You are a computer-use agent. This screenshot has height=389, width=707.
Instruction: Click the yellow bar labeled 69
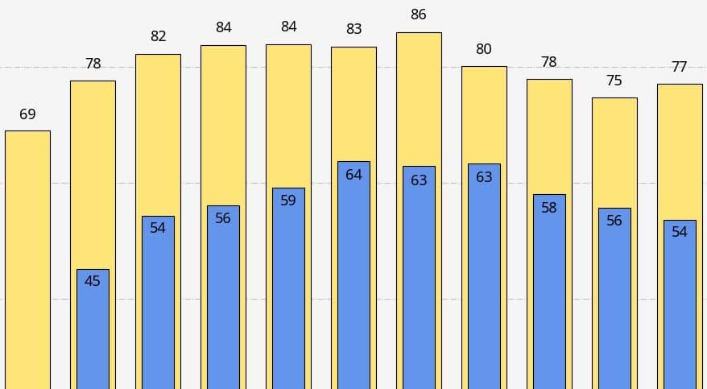point(27,258)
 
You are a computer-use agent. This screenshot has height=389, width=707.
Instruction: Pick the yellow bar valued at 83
point(353,105)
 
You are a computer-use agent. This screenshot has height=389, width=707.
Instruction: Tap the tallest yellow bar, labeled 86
point(419,97)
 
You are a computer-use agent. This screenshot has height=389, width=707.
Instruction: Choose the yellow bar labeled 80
point(484,113)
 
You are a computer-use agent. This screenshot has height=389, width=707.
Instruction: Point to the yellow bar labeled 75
point(614,153)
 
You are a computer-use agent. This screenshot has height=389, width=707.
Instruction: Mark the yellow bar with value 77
point(680,153)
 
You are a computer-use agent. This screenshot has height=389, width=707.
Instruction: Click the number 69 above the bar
point(27,114)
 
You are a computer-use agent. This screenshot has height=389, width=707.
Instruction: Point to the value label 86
point(419,14)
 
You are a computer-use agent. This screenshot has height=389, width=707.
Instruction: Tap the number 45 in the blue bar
point(93,281)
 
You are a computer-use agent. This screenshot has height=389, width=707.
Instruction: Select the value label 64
point(353,175)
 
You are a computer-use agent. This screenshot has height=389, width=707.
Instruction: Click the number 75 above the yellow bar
point(614,81)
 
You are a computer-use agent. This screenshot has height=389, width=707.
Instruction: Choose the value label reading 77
point(680,67)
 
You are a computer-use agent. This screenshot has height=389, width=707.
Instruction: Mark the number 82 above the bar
point(158,36)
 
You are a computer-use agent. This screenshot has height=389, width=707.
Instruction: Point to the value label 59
point(288,201)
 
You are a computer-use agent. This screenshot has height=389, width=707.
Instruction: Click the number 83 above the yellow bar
point(353,29)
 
